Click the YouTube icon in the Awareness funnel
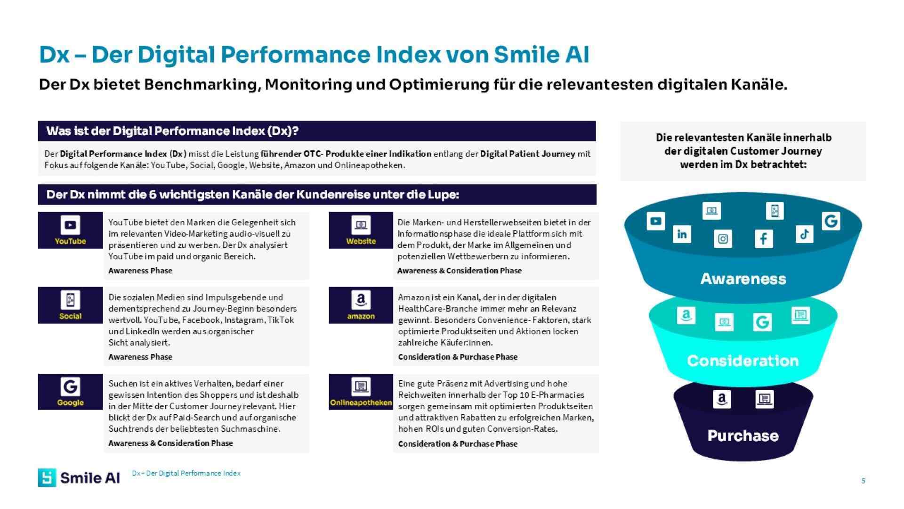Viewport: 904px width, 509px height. click(655, 221)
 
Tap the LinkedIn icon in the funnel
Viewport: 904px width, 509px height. click(682, 234)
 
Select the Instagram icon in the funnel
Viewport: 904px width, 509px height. click(723, 239)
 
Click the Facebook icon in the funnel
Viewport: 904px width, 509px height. click(763, 238)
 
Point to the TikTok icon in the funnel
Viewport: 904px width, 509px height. click(804, 234)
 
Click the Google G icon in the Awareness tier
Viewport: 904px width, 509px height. click(831, 221)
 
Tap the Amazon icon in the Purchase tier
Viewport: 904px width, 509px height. click(721, 400)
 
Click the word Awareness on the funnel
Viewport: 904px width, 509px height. click(743, 279)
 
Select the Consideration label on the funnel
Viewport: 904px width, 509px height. click(743, 361)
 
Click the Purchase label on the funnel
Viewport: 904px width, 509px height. click(743, 436)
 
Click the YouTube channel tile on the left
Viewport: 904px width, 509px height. click(70, 230)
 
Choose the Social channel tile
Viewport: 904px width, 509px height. click(70, 305)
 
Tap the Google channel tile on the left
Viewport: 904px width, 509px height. click(70, 392)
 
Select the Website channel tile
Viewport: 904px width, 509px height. click(361, 230)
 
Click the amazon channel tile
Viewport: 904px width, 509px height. click(361, 305)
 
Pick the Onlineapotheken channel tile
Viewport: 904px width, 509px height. click(361, 392)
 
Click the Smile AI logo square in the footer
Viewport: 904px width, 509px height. click(47, 477)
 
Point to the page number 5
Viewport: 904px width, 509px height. click(863, 481)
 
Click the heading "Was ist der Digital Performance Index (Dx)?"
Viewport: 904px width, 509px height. click(172, 131)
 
